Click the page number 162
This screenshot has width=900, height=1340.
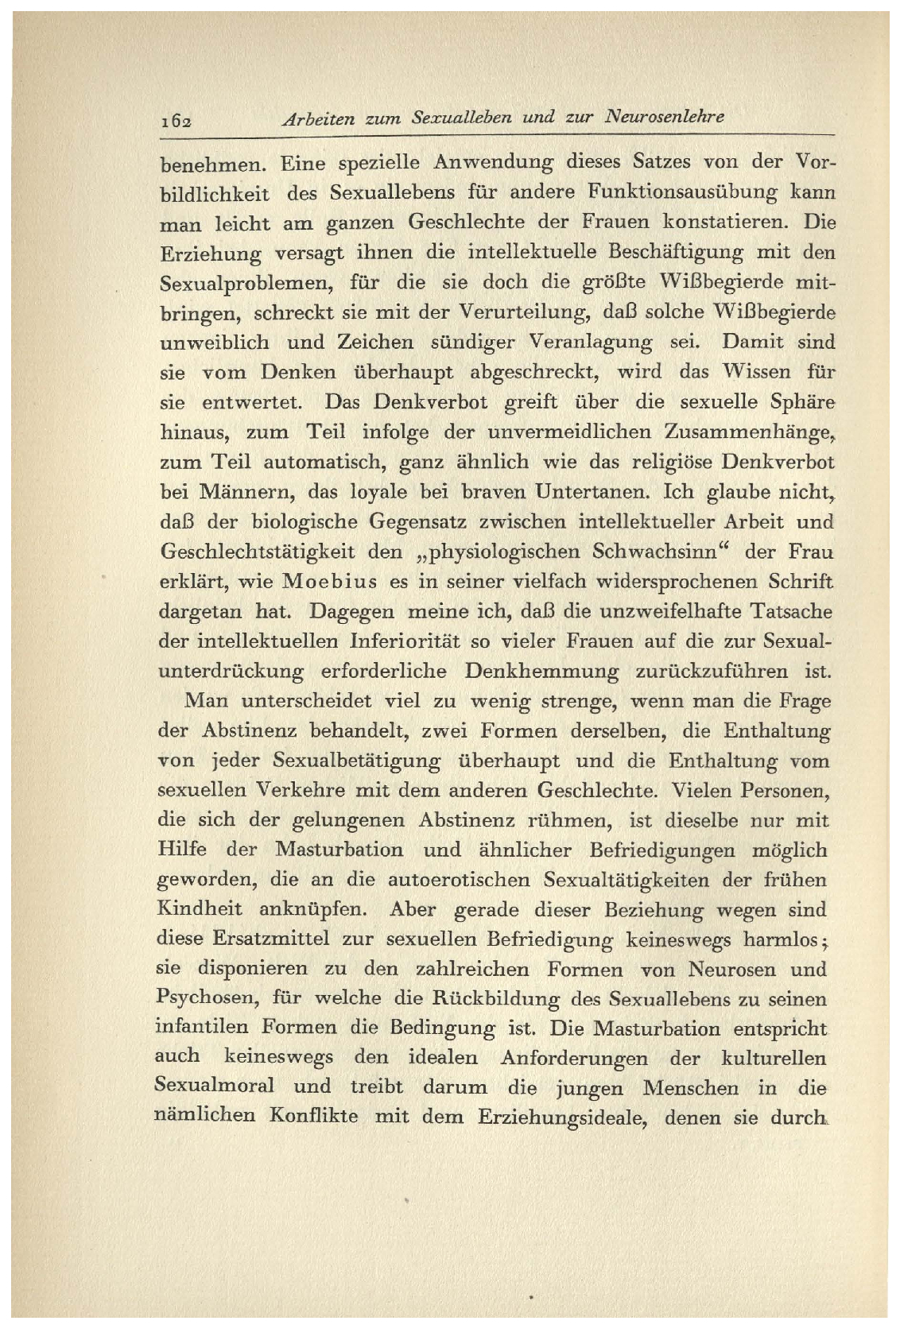[x=174, y=120]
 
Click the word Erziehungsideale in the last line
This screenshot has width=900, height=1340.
[x=564, y=1117]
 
